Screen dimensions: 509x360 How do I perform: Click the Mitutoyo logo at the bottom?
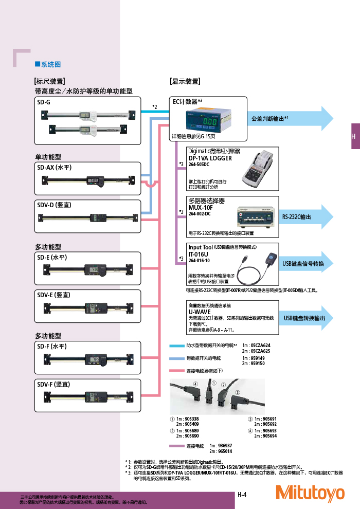click(310, 493)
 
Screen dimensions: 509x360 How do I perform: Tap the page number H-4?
click(243, 495)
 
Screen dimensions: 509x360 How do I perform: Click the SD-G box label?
click(44, 102)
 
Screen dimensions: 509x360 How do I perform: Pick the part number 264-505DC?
click(200, 165)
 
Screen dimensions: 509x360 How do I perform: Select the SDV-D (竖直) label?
click(54, 205)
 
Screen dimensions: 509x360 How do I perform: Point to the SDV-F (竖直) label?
click(53, 384)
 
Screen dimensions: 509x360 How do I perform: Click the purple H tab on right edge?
click(354, 136)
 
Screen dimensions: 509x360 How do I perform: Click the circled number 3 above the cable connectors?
click(237, 393)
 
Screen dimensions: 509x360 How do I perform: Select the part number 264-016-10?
click(199, 261)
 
